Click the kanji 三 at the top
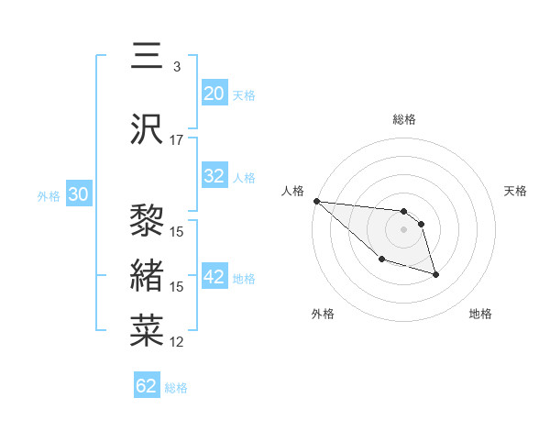148,57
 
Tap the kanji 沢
148,130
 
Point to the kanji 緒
148,276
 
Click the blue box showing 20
214,94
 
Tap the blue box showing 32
214,177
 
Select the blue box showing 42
214,278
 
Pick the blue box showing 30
78,194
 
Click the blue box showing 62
147,386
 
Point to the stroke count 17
177,140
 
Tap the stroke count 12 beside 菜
177,342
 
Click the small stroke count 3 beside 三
176,67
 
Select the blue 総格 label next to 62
176,388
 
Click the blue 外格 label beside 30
49,195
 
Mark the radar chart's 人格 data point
316,201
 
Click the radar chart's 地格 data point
435,274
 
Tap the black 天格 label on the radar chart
516,191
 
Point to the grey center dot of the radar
403,228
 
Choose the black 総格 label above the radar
404,119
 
